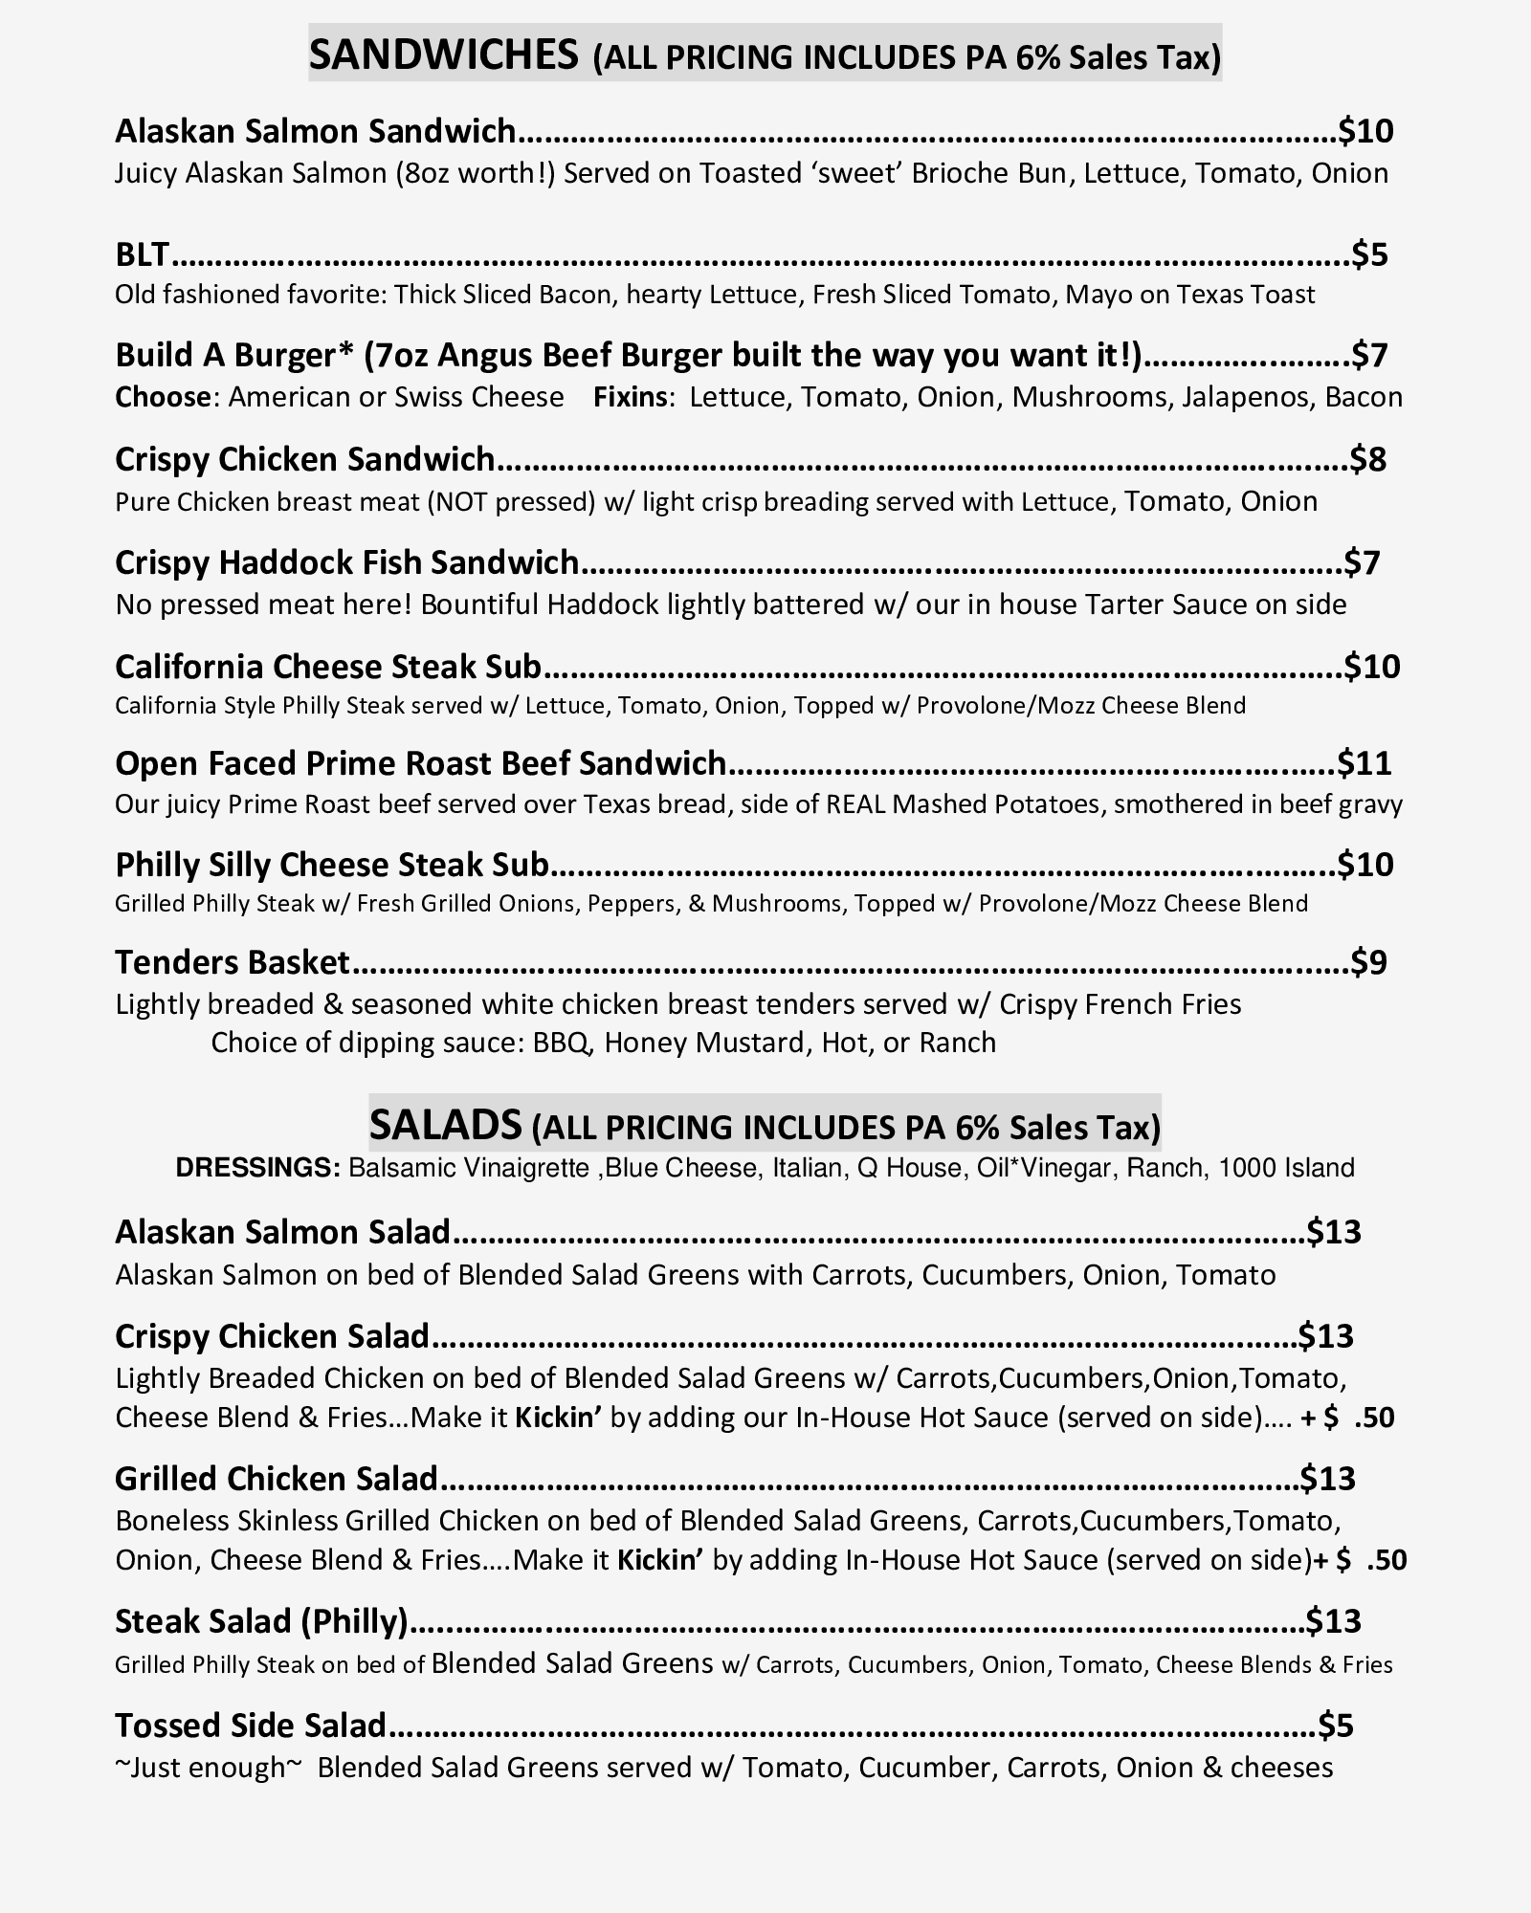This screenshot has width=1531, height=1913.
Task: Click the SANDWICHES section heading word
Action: tap(443, 55)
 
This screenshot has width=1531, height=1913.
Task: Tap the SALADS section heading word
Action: tap(446, 1125)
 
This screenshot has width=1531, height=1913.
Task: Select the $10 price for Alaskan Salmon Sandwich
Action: tap(1365, 130)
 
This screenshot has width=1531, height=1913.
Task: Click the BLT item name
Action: tap(142, 254)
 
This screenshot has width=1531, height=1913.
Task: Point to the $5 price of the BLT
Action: tap(1369, 254)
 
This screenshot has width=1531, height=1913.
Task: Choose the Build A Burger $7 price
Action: tap(1369, 355)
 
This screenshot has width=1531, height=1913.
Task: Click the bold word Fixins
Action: tap(632, 397)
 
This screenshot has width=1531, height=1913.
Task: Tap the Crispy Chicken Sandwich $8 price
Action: tap(1368, 459)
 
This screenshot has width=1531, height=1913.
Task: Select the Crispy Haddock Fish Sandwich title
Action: tap(346, 562)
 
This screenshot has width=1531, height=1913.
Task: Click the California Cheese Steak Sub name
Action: tap(328, 666)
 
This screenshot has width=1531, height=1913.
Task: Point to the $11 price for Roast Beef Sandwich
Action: tap(1365, 763)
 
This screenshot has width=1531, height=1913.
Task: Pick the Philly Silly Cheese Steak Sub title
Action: tap(332, 865)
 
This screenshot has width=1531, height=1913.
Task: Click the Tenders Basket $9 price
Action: tap(1369, 962)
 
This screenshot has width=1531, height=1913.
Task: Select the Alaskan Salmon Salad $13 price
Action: tap(1335, 1232)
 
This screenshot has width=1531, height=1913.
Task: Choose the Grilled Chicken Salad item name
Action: tap(276, 1479)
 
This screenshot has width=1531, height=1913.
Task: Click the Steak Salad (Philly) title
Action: tap(262, 1621)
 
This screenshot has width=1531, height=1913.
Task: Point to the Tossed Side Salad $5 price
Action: tap(1337, 1726)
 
